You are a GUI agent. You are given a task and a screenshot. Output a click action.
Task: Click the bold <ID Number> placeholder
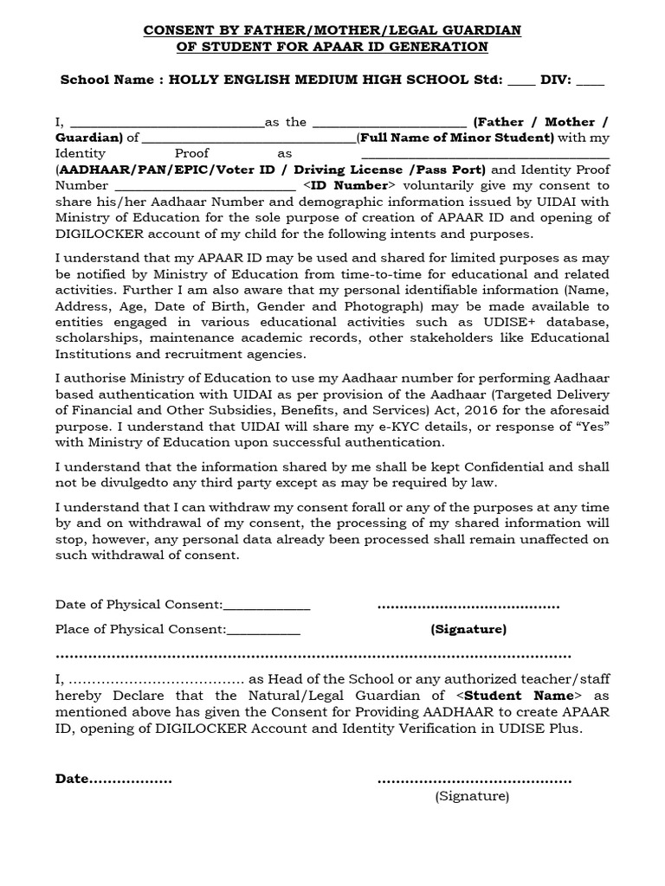(348, 185)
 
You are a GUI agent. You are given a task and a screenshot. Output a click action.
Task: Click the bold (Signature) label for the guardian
(468, 629)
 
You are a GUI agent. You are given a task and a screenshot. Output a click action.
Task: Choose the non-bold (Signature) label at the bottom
(472, 796)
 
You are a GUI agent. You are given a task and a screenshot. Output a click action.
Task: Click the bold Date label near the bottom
(73, 779)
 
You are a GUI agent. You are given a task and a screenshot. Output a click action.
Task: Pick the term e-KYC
(354, 427)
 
